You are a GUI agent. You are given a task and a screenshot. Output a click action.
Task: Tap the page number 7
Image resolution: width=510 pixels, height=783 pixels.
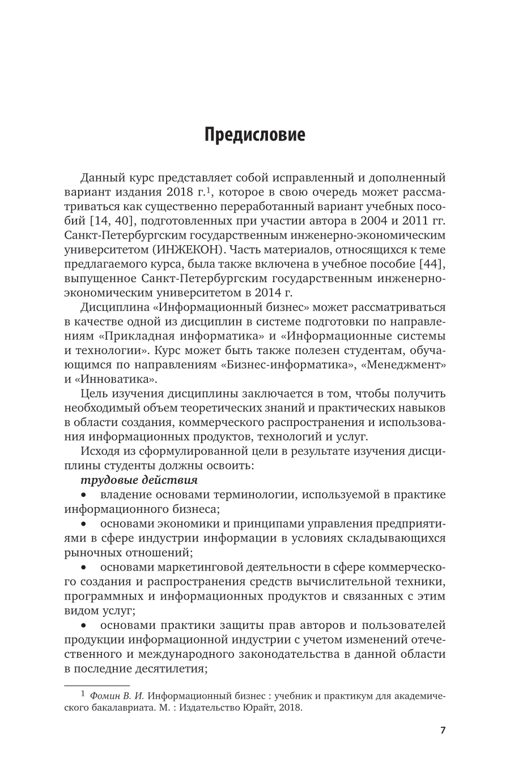[443, 730]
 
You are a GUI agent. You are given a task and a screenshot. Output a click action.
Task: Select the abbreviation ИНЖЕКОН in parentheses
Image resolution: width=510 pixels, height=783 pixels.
[185, 248]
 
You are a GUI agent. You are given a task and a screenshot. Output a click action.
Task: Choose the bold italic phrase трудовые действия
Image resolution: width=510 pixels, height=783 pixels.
[139, 480]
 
